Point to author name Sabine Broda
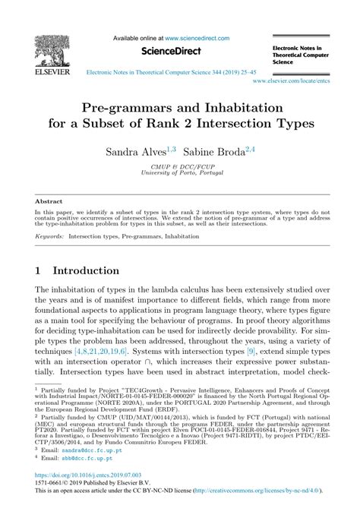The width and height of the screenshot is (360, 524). (x=219, y=152)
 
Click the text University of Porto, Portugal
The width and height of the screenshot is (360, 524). (x=179, y=172)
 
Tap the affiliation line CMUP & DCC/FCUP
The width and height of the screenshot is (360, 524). (x=179, y=166)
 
